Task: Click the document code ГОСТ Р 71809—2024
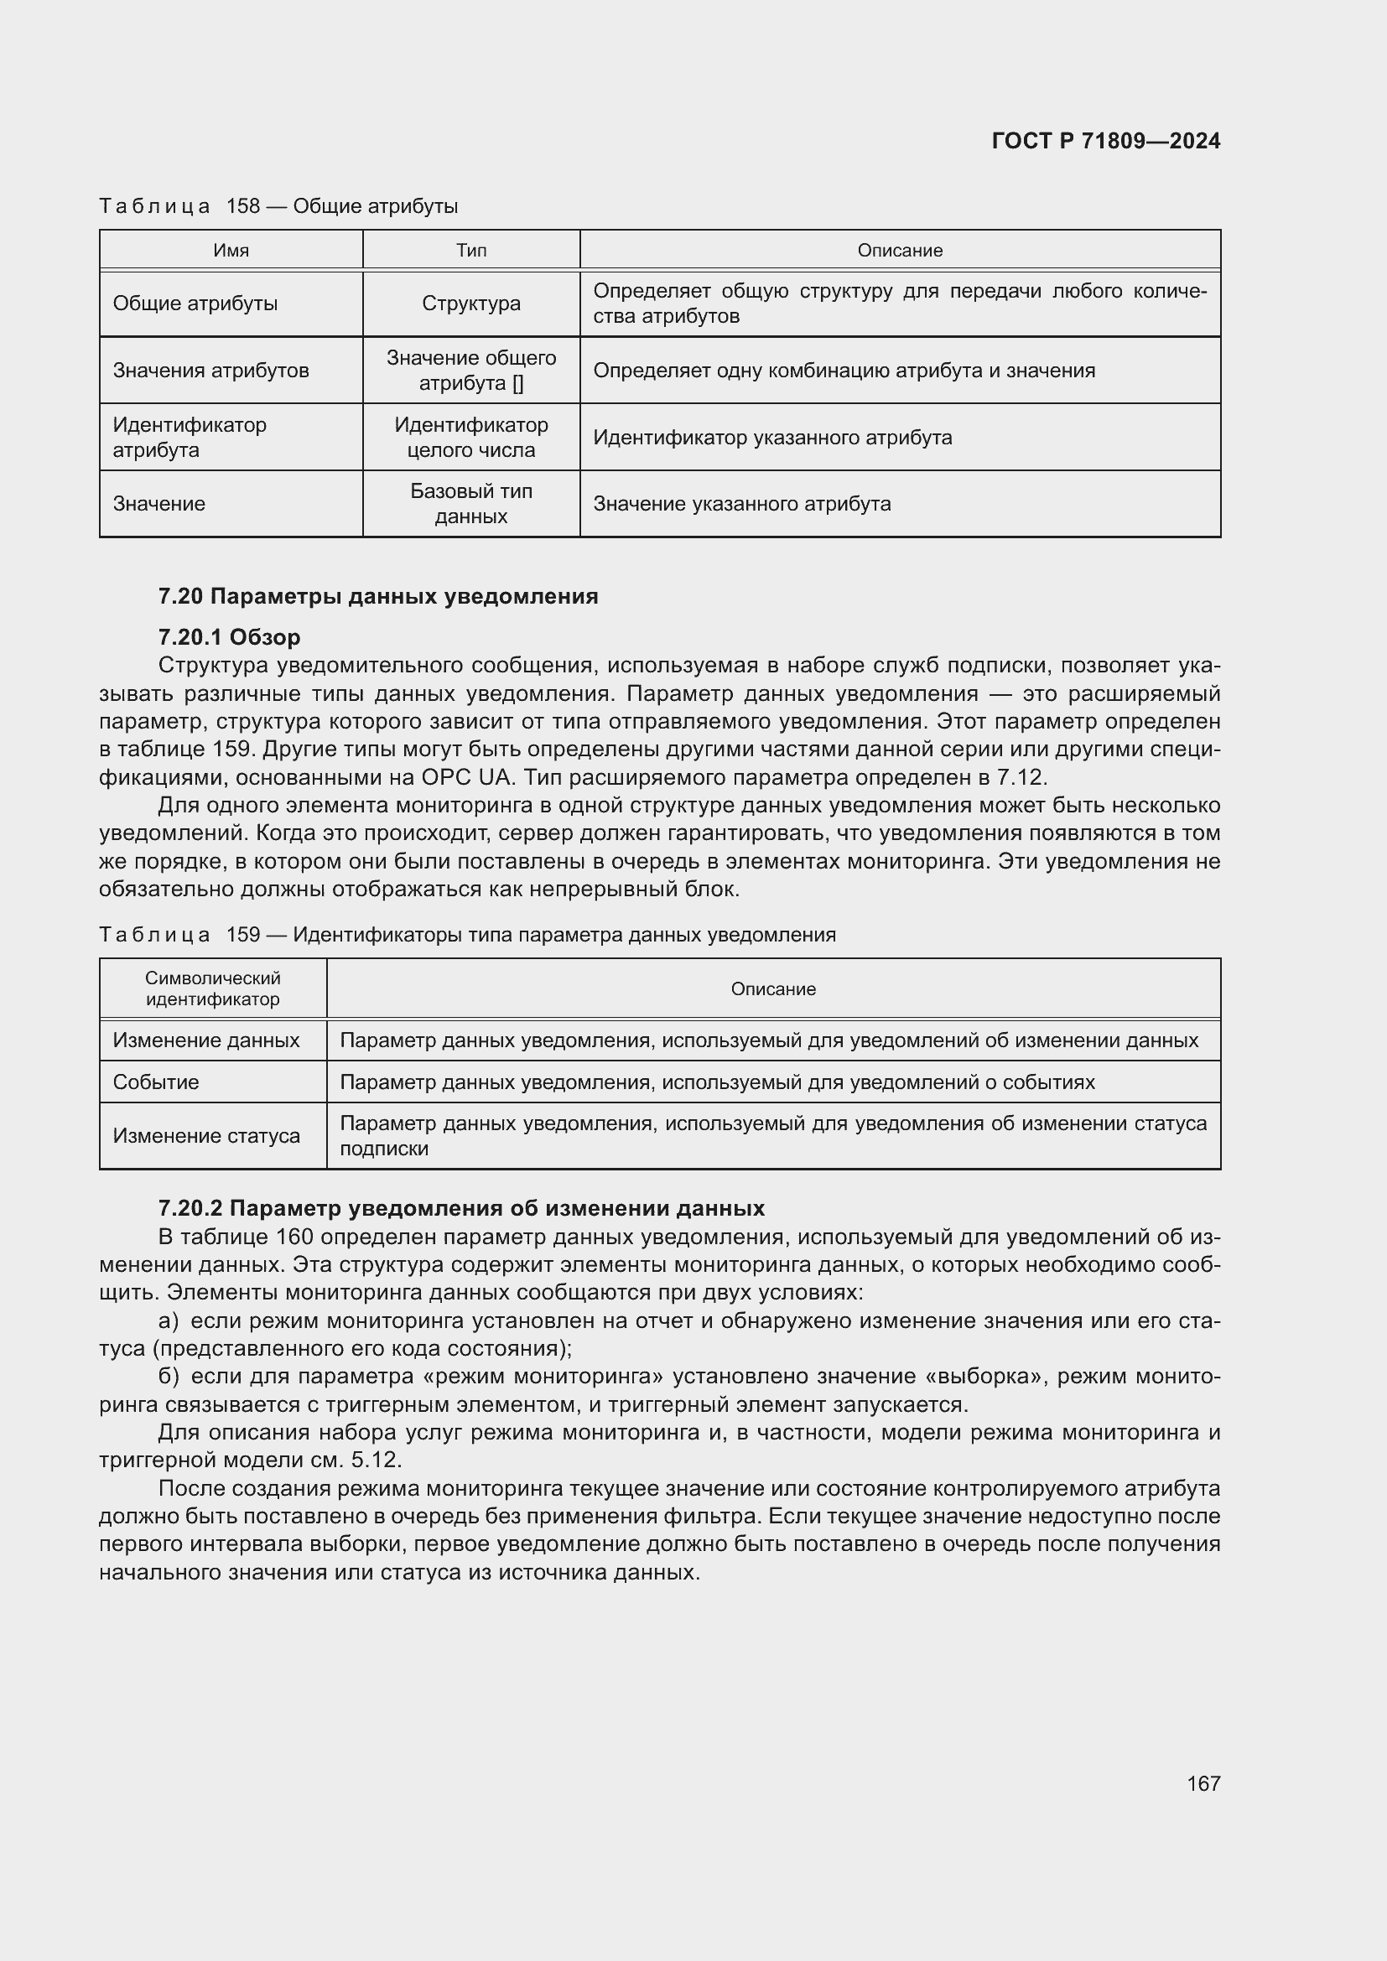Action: click(x=1105, y=141)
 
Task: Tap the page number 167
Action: click(x=1203, y=1783)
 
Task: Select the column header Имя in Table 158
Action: click(x=231, y=250)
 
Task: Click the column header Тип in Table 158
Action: click(x=470, y=250)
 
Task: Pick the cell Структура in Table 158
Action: click(x=470, y=303)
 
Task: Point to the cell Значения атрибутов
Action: click(x=211, y=371)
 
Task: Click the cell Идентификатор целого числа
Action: click(x=470, y=438)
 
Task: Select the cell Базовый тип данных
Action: click(x=470, y=504)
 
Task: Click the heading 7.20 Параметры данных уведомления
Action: click(x=377, y=596)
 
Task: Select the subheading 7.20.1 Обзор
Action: click(x=229, y=637)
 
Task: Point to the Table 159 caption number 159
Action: click(x=242, y=934)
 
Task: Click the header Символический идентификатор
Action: click(x=213, y=988)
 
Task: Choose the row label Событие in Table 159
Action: click(x=155, y=1082)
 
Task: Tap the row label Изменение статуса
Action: click(x=205, y=1136)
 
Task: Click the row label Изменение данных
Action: click(x=205, y=1040)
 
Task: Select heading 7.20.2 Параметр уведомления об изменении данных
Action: click(x=461, y=1209)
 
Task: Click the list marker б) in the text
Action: click(x=169, y=1376)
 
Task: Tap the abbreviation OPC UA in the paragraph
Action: click(x=465, y=777)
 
